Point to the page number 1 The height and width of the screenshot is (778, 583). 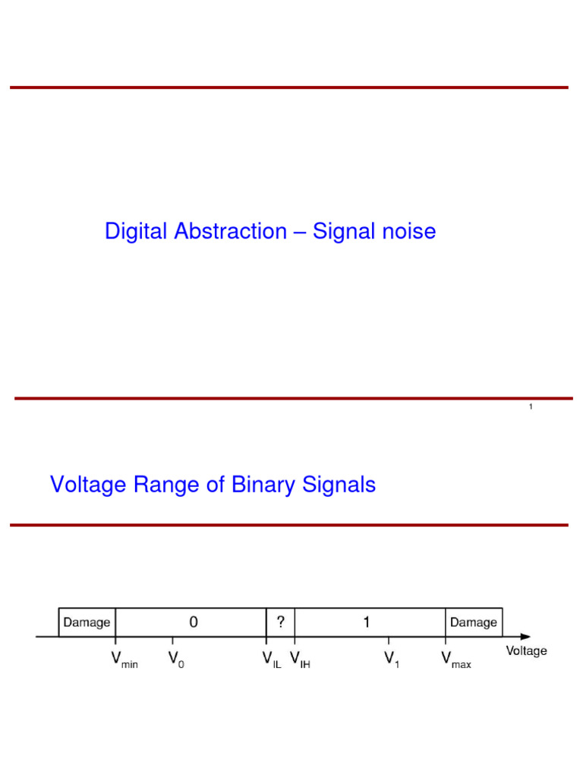click(x=531, y=407)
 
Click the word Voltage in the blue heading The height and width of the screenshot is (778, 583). click(x=89, y=485)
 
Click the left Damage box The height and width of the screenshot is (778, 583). click(x=87, y=622)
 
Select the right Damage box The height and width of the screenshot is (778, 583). click(x=474, y=622)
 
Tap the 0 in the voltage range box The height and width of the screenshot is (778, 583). click(x=194, y=622)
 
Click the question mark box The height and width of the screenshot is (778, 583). click(x=280, y=622)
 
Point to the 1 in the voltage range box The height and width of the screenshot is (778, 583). click(x=367, y=622)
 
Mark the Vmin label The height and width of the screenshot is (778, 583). click(x=124, y=659)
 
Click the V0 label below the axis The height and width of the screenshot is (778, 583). click(x=176, y=659)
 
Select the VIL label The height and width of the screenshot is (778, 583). click(x=271, y=659)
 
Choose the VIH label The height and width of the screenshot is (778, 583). click(x=300, y=659)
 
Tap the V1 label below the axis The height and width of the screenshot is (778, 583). click(x=392, y=659)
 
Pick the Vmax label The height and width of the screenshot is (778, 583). click(x=455, y=659)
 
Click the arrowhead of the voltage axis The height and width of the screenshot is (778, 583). click(x=525, y=636)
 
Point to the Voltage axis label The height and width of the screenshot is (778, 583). click(x=526, y=651)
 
